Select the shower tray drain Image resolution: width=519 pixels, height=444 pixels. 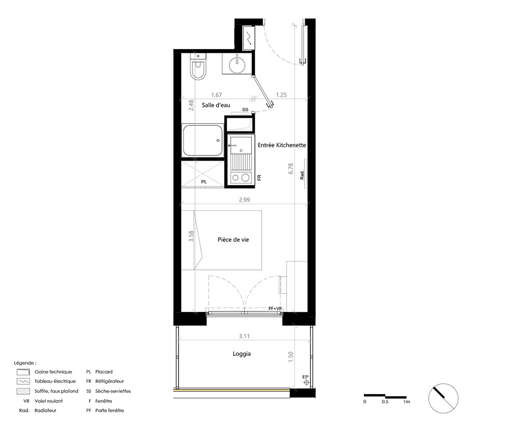(x=218, y=140)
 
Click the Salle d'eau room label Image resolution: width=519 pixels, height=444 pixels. (x=216, y=105)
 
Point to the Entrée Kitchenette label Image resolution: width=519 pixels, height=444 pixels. (x=282, y=145)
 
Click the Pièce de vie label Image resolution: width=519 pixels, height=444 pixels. (x=233, y=239)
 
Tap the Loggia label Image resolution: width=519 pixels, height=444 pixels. (x=242, y=354)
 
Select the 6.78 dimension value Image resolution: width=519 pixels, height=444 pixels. (x=291, y=168)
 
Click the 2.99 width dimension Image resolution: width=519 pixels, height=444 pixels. (x=244, y=200)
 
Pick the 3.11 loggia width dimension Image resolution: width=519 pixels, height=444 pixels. (x=244, y=336)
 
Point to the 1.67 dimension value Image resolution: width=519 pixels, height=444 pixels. (x=216, y=95)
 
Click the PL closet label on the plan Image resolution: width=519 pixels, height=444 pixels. (x=204, y=182)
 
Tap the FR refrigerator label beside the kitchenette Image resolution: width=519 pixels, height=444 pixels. (x=259, y=177)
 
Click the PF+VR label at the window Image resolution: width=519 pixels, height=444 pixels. (x=275, y=309)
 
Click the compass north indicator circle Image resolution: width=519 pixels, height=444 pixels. (x=443, y=398)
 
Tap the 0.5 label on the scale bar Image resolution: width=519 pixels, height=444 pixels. (x=385, y=402)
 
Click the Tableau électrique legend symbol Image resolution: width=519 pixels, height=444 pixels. (x=23, y=381)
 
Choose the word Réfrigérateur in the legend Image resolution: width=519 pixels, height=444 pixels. (x=110, y=381)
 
